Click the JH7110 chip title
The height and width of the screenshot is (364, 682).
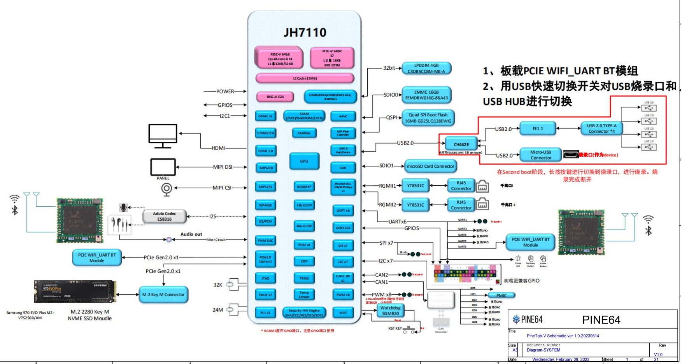(x=305, y=32)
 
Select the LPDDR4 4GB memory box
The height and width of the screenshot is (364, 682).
(x=426, y=69)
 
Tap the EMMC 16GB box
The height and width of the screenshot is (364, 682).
(x=426, y=95)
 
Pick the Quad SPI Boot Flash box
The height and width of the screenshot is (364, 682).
(x=428, y=118)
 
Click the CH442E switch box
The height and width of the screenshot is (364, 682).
(x=461, y=144)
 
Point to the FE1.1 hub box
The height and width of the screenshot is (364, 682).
(x=538, y=128)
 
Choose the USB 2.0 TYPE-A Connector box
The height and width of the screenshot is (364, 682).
(x=601, y=128)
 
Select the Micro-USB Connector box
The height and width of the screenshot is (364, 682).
(x=541, y=155)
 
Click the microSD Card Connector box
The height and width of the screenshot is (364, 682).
(x=430, y=166)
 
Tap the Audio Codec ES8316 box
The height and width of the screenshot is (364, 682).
(x=165, y=216)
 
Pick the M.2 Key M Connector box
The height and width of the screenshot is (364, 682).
(x=163, y=295)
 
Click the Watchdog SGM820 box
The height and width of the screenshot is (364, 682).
(x=390, y=311)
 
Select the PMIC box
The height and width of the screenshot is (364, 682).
(x=501, y=295)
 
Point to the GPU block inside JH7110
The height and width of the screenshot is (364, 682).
(x=304, y=161)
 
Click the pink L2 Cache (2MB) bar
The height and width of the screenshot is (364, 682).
(x=305, y=79)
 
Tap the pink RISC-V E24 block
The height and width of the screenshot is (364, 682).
(x=275, y=97)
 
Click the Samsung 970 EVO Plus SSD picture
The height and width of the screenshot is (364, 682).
(x=75, y=292)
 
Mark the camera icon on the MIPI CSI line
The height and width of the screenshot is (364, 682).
(x=167, y=189)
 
